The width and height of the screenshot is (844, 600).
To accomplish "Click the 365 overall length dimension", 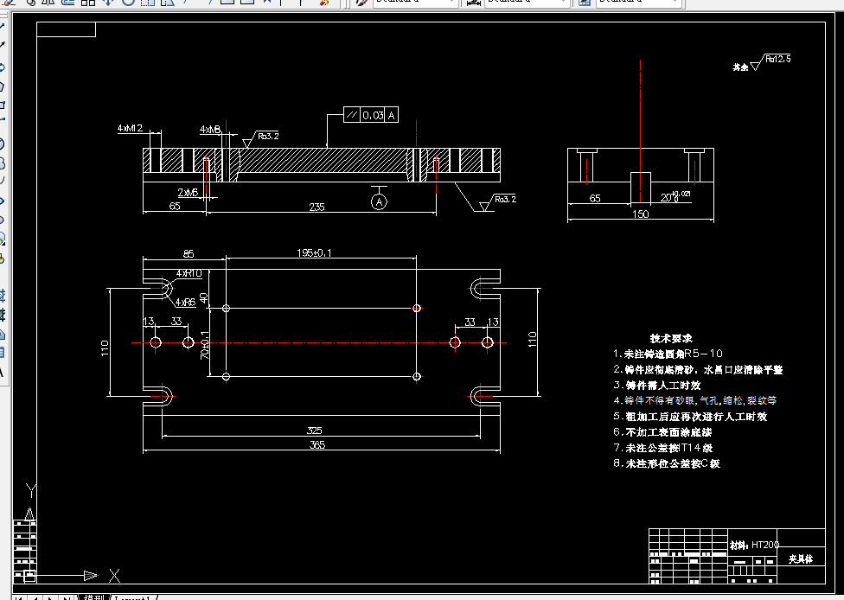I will point(316,444).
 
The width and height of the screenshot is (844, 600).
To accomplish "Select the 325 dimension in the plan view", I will point(314,430).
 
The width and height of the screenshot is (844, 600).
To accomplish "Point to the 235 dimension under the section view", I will point(316,207).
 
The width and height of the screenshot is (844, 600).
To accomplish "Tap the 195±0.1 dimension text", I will point(315,252).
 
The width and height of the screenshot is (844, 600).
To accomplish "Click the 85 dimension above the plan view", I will point(189,253).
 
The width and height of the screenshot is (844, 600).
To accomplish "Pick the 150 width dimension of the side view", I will point(641,214).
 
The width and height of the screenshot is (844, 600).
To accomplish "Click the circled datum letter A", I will point(379,201).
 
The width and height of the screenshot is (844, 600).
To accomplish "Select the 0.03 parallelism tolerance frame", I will point(371,115).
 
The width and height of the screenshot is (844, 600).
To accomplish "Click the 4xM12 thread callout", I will point(130,128).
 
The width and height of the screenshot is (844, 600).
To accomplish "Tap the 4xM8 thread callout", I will point(210,129).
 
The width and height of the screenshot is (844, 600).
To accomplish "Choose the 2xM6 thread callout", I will point(189,192).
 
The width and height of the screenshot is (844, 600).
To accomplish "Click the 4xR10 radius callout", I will point(189,273).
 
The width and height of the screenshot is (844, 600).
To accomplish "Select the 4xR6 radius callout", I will point(185,303).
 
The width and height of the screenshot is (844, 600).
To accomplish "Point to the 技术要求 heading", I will point(671,338).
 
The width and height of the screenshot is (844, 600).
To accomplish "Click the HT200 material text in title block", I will point(764,546).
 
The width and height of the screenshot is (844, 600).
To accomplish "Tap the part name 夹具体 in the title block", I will point(801,559).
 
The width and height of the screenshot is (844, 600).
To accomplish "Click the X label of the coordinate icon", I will point(114,575).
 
